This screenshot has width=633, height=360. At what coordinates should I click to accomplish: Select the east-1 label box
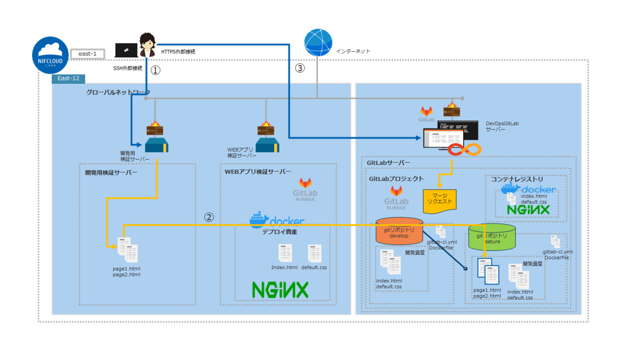click(x=87, y=54)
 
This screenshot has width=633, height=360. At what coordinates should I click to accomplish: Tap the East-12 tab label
click(x=69, y=79)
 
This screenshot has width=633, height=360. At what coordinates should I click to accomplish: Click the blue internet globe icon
click(x=319, y=43)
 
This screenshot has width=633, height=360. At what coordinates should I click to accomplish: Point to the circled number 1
click(x=155, y=70)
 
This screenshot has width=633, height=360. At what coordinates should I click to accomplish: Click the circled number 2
click(x=209, y=217)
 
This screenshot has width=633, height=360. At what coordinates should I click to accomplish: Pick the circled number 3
click(x=300, y=68)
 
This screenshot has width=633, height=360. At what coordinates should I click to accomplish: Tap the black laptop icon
click(x=127, y=50)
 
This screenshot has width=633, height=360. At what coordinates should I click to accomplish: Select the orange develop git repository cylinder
click(x=399, y=231)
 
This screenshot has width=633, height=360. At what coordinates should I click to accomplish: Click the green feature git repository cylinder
click(x=492, y=238)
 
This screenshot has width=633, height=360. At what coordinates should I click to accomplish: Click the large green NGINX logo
click(x=280, y=289)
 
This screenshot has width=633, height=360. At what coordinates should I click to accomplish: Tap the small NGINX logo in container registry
click(x=528, y=209)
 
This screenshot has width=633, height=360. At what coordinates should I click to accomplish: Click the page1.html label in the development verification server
click(x=127, y=268)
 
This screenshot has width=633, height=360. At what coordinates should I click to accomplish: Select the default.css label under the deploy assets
click(x=314, y=267)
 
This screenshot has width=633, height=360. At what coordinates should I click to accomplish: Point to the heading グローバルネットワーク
click(x=118, y=92)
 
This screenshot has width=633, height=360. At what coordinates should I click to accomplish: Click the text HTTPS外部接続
click(x=178, y=52)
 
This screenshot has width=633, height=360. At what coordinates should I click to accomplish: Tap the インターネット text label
click(x=353, y=51)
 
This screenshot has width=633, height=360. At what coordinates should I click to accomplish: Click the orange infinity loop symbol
click(x=465, y=150)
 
